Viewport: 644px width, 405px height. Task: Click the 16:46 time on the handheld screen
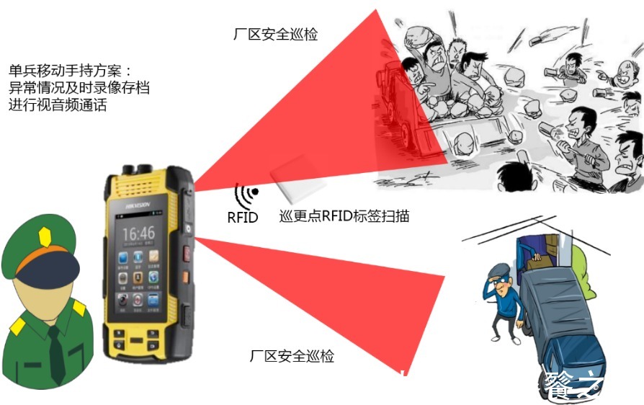tap(138, 233)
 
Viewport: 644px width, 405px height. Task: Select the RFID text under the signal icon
tap(242, 217)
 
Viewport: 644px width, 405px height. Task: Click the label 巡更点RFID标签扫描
tap(344, 215)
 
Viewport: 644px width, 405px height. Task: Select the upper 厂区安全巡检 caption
tap(275, 34)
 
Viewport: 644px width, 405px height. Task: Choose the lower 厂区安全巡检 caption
tap(292, 355)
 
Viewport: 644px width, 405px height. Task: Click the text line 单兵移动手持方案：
tap(71, 71)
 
